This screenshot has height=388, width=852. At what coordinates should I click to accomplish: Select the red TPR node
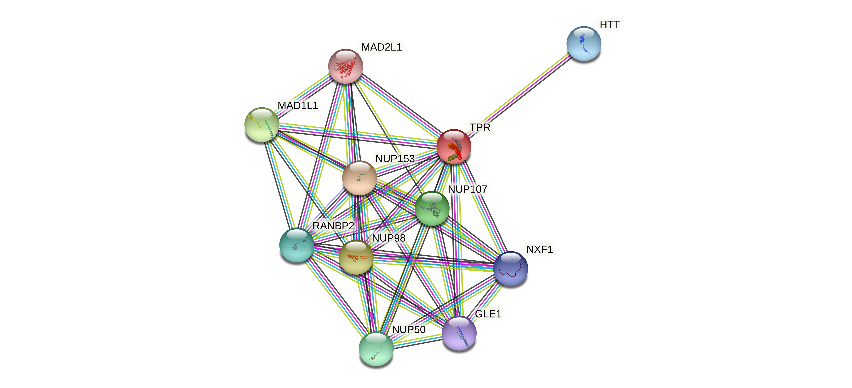click(x=454, y=146)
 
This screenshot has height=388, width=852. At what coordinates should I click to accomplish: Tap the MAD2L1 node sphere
click(x=345, y=66)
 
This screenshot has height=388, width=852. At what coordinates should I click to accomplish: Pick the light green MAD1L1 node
click(x=262, y=125)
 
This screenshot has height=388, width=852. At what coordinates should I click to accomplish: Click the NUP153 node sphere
click(x=359, y=178)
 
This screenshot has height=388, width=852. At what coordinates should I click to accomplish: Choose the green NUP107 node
click(x=432, y=208)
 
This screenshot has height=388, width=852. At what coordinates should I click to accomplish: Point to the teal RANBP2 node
click(x=297, y=245)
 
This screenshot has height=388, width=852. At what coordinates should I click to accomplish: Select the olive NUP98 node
click(x=356, y=257)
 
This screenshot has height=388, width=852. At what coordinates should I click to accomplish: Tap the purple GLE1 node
click(x=459, y=333)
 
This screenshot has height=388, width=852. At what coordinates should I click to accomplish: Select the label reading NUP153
click(x=395, y=159)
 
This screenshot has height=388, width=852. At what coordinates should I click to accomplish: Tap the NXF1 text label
click(x=539, y=249)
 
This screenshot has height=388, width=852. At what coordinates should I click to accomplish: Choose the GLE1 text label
click(x=488, y=314)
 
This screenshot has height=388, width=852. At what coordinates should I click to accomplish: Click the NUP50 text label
click(x=409, y=329)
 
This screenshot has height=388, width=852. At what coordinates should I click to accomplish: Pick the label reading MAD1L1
click(x=298, y=105)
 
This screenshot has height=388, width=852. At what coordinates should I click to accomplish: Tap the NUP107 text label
click(x=467, y=189)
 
